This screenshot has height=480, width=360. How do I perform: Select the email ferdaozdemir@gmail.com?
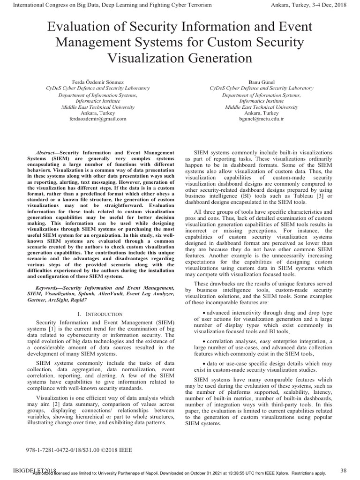coord(97,119)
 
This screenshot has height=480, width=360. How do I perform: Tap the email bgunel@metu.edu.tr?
coord(262,119)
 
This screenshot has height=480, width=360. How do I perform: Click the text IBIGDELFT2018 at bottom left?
coord(29,470)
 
